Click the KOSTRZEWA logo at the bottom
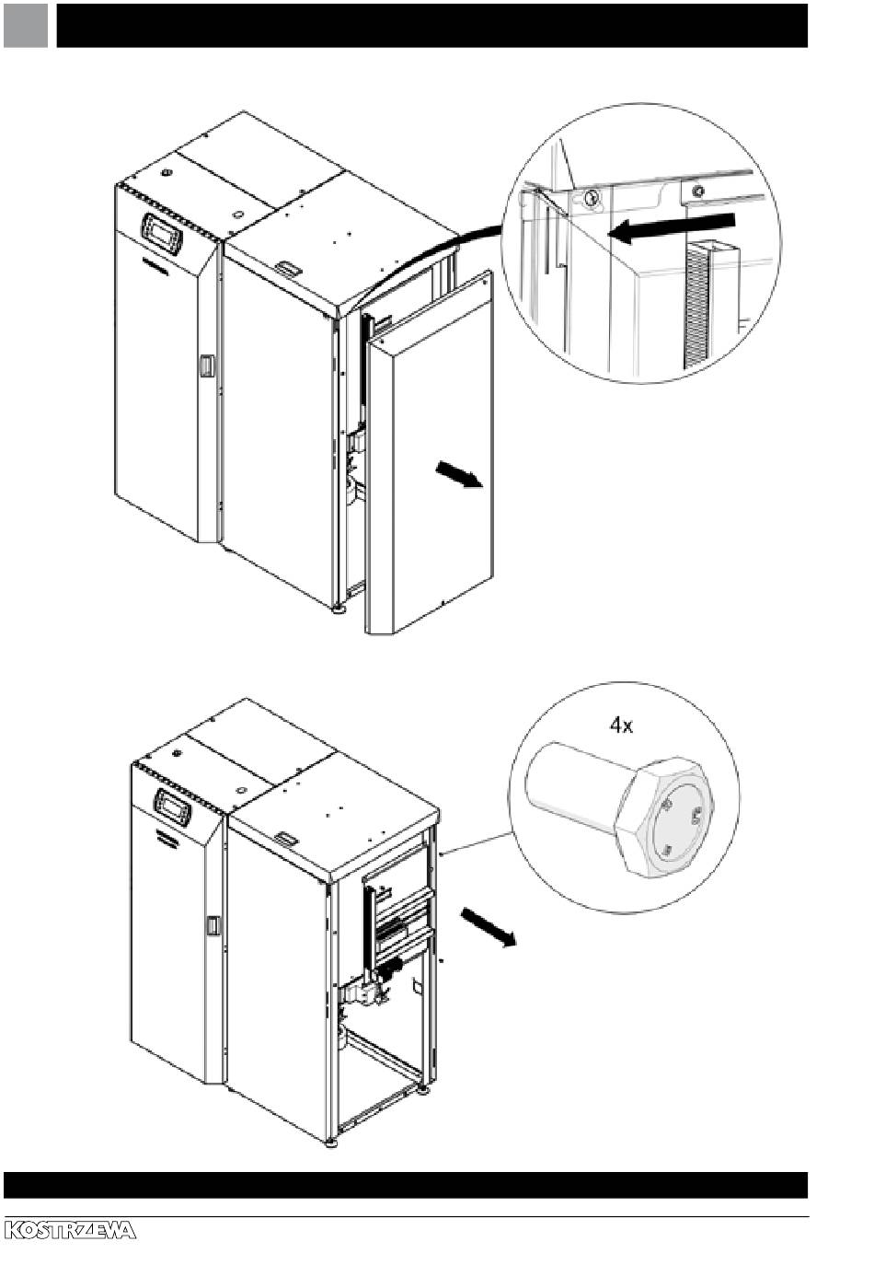coord(71,1230)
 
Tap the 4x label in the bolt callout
coord(622,725)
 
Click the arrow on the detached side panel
coord(458,476)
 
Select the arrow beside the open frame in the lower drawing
coord(487,925)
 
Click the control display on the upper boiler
coord(162,233)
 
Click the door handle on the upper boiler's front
coord(206,366)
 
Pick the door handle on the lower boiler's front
coord(213,924)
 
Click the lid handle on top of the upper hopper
coord(289,267)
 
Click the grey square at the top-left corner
coord(25,25)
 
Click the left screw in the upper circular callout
coord(592,197)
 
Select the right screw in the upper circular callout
coord(699,191)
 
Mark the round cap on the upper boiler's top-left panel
coord(167,172)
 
